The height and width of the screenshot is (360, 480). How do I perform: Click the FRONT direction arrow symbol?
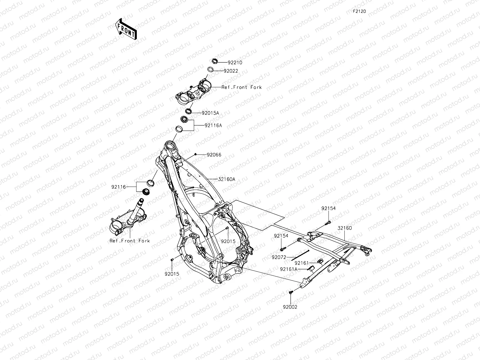pos(126,28)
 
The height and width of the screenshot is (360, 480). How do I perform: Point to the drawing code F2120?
pos(359,11)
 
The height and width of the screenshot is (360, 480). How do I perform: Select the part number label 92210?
pos(235,63)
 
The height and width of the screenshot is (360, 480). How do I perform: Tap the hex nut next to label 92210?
pos(214,62)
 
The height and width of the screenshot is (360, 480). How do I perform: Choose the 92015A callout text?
pos(210,113)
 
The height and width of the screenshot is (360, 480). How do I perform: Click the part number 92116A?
pos(213,125)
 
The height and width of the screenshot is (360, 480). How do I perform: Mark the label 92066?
pos(214,155)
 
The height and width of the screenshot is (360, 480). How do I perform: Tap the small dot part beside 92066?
pos(195,154)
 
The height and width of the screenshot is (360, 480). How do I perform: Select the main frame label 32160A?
pos(226,179)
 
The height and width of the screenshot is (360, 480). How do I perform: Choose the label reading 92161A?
pos(289,269)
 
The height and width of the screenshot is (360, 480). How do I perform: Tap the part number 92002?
pos(290,307)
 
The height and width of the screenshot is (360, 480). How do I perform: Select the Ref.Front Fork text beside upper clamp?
pos(241,87)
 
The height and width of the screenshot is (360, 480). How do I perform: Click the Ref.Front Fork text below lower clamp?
pos(130,241)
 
